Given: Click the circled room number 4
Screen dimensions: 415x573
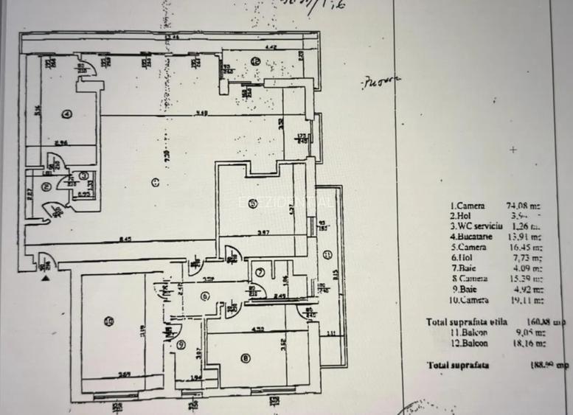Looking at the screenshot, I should (66, 114).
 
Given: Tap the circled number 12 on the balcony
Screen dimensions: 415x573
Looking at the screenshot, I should (255, 61).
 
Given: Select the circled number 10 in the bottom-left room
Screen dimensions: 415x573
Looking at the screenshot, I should (109, 320).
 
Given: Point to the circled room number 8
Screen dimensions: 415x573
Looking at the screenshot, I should (245, 360).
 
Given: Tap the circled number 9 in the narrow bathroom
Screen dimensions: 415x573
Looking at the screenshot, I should (181, 344).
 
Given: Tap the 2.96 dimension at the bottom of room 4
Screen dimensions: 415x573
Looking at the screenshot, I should (60, 142).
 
